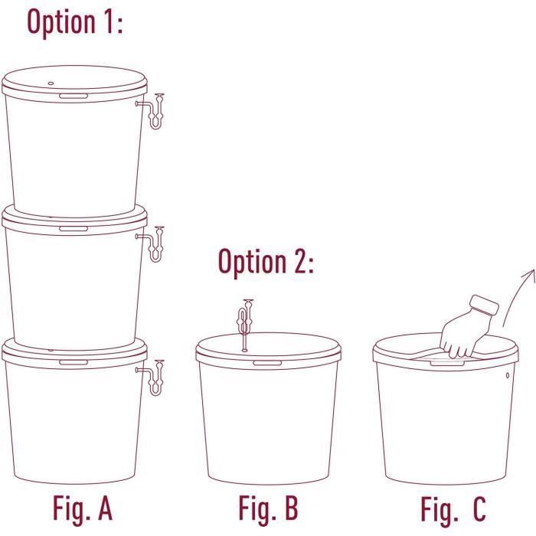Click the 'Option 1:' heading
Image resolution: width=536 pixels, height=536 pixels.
75,22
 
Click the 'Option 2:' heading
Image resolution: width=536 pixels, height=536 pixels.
266,262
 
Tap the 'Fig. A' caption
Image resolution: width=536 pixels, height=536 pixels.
83,508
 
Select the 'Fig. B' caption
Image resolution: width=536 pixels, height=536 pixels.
268,508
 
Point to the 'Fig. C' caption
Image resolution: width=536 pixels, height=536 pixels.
453,508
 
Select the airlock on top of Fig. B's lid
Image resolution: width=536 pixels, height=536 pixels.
245,325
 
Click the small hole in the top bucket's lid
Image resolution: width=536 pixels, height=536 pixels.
51,83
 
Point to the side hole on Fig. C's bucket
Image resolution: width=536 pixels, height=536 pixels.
507,375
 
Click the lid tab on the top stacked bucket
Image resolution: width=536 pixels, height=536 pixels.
74,96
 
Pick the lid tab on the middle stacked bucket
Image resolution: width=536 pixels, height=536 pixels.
74,229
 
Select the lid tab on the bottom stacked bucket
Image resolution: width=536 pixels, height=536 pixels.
74,362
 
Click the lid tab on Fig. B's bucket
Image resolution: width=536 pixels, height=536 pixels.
267,363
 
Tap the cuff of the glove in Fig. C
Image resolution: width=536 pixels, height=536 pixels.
484,305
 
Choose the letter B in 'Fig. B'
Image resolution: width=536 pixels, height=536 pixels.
292,508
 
